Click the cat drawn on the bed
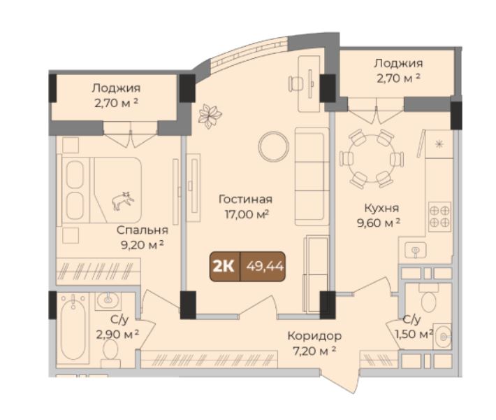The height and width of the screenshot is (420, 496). (x=123, y=201)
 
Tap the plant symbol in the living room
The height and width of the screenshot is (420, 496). (x=210, y=116)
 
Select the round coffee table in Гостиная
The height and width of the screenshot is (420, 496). (x=273, y=146)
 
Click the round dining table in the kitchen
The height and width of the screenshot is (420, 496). (x=372, y=158)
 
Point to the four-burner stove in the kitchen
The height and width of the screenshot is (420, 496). (x=439, y=216)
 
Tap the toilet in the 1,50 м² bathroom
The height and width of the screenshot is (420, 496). (x=428, y=299)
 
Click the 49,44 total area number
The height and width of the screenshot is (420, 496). (x=265, y=267)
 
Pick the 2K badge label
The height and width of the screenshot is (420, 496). (x=224, y=267)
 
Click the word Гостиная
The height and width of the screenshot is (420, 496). (x=245, y=199)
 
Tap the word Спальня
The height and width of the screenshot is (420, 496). (x=142, y=230)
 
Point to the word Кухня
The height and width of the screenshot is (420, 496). (x=382, y=209)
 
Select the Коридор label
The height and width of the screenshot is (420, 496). (x=314, y=336)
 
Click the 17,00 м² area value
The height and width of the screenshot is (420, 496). (x=247, y=215)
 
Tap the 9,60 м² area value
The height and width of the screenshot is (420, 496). (x=379, y=223)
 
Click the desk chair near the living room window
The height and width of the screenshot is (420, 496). (x=296, y=84)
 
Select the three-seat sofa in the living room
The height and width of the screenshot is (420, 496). (x=312, y=176)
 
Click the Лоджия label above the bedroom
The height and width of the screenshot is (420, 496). (x=116, y=88)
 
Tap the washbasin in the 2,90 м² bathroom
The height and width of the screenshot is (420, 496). (x=108, y=300)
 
